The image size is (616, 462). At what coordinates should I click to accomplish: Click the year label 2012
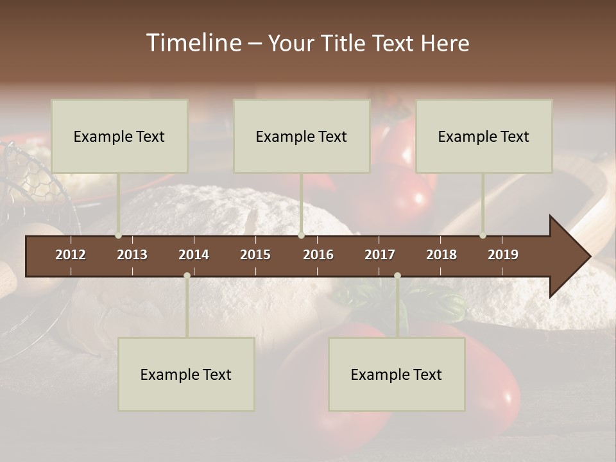[x=71, y=255]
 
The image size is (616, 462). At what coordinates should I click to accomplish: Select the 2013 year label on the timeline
[x=132, y=255]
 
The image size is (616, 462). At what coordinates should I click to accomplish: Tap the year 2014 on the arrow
[x=194, y=255]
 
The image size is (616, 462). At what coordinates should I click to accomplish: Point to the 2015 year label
[x=255, y=255]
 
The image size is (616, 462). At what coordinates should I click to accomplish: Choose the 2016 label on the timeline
[x=318, y=255]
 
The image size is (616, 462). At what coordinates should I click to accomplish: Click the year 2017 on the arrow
[x=380, y=255]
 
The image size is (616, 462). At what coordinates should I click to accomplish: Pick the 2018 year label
[x=441, y=255]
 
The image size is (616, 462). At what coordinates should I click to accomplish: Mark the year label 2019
[x=503, y=255]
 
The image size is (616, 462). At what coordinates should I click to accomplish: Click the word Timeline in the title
[x=193, y=43]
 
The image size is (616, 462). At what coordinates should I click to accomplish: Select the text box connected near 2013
[x=119, y=136]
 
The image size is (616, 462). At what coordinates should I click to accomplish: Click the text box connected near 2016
[x=302, y=136]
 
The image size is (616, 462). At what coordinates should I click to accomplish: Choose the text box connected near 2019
[x=484, y=136]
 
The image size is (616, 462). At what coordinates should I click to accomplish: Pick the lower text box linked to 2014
[x=186, y=374]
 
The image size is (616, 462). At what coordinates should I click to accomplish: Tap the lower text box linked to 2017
[x=397, y=374]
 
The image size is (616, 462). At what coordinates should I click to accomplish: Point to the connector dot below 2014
[x=187, y=275]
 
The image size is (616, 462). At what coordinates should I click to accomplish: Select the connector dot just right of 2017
[x=397, y=275]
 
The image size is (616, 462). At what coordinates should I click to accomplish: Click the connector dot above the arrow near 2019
[x=483, y=235]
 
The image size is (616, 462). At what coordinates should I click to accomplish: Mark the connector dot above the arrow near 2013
[x=119, y=235]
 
